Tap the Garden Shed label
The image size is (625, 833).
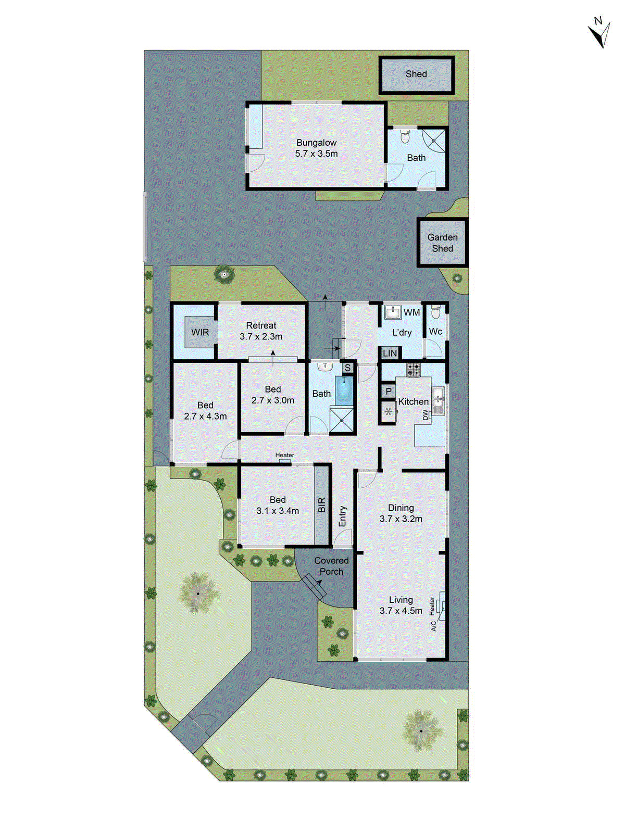pos(442,243)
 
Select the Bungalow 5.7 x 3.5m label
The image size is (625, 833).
pos(316,148)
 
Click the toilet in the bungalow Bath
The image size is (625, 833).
pos(405,137)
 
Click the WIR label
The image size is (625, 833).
pos(200,332)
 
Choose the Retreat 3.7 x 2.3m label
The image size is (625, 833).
pos(261,331)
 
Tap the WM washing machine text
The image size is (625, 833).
pos(411,312)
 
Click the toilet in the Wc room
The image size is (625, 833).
pos(436,312)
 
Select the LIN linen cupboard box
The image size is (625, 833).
pos(390,353)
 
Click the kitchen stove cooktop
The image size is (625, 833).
pos(414,370)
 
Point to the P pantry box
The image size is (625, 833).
pos(389,391)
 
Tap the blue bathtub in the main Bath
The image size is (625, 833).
pos(344,390)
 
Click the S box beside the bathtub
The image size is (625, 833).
pos(347,368)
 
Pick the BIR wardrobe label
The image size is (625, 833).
pos(321,505)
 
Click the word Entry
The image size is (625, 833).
pos(342,516)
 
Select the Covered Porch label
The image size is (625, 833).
pos(331,566)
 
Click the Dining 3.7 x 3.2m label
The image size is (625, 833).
pos(401,513)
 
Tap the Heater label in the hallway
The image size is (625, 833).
pos(284,455)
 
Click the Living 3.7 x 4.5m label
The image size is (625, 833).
pos(401,605)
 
